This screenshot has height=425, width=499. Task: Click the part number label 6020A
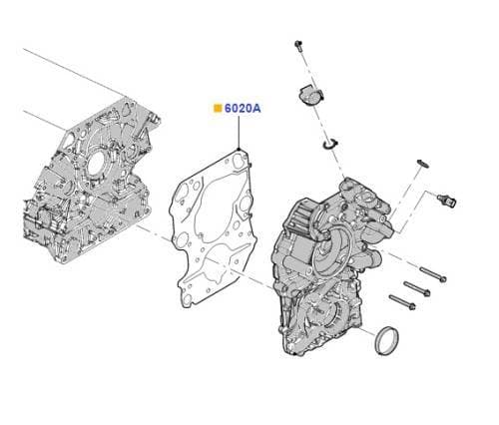242,108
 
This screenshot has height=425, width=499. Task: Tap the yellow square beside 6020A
216,108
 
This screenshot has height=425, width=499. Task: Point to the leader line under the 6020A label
239,133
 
